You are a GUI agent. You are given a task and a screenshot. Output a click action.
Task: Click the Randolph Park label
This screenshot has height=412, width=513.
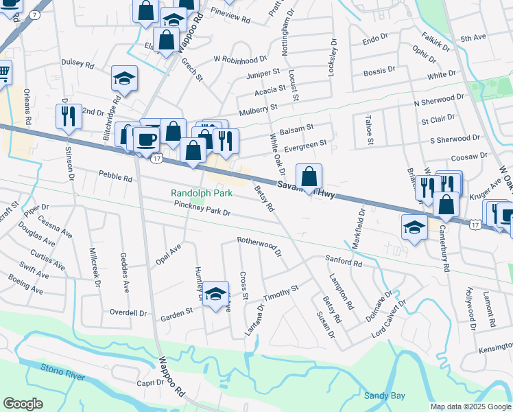coord(202,193)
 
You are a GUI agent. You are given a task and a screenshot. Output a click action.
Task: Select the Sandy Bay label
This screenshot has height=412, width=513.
coord(383,396)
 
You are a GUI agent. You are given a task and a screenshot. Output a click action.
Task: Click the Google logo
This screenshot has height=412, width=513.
coord(23,404)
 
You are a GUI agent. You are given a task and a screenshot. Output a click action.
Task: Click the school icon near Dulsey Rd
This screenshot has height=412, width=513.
coord(124,79)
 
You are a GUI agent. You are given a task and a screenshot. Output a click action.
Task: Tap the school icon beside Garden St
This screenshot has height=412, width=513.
coord(215,295)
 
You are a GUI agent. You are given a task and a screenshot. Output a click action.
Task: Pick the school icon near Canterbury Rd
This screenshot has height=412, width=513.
coord(414,227)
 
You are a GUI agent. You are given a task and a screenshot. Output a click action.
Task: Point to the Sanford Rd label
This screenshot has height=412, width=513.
coord(343,262)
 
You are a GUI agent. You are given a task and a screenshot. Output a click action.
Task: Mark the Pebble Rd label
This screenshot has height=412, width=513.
coord(115,176)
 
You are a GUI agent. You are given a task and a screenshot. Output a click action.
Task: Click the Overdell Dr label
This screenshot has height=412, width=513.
coord(128,312)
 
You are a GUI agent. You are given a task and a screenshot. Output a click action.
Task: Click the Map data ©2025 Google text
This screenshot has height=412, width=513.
coord(470,407)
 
